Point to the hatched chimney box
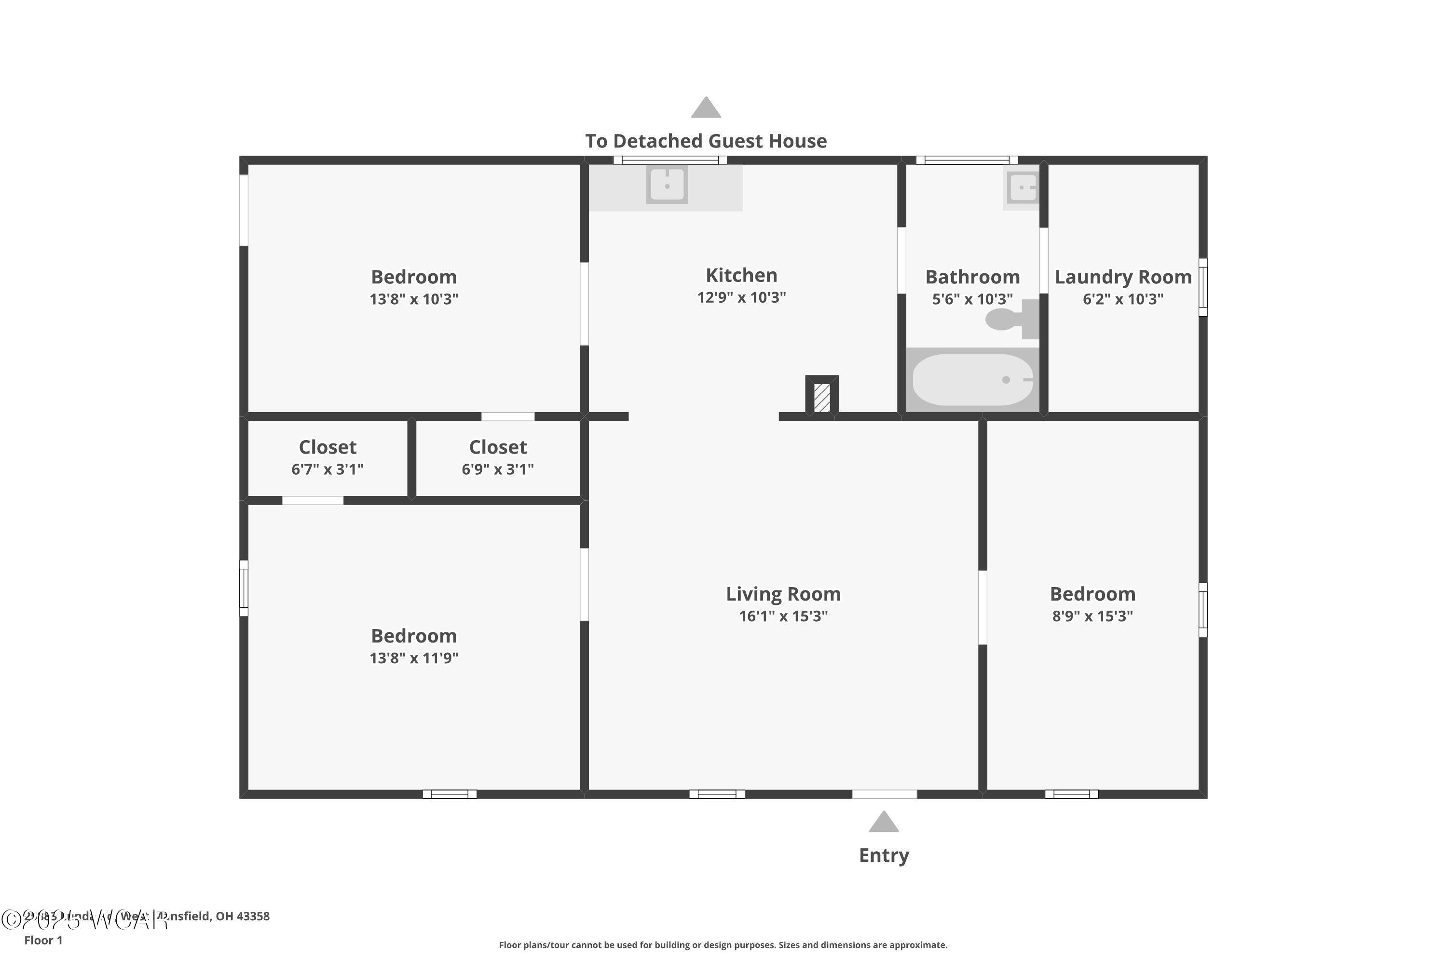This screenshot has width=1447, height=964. pos(822,397)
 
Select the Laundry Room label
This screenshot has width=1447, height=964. pos(1123,277)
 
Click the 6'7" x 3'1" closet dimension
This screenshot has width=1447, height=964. pos(328,469)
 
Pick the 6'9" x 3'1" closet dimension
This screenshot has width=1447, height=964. pos(498,469)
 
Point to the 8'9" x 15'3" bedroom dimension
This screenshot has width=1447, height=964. pos(1092,616)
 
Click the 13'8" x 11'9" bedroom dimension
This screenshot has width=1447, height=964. pos(413,658)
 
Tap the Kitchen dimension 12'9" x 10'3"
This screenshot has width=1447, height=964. pos(741,297)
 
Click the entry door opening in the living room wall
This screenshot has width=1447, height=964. pos(884,794)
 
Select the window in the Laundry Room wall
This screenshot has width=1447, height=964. pos(1203,287)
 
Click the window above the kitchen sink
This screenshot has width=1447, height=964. pos(670,161)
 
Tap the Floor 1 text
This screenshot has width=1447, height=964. pos(43,940)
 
